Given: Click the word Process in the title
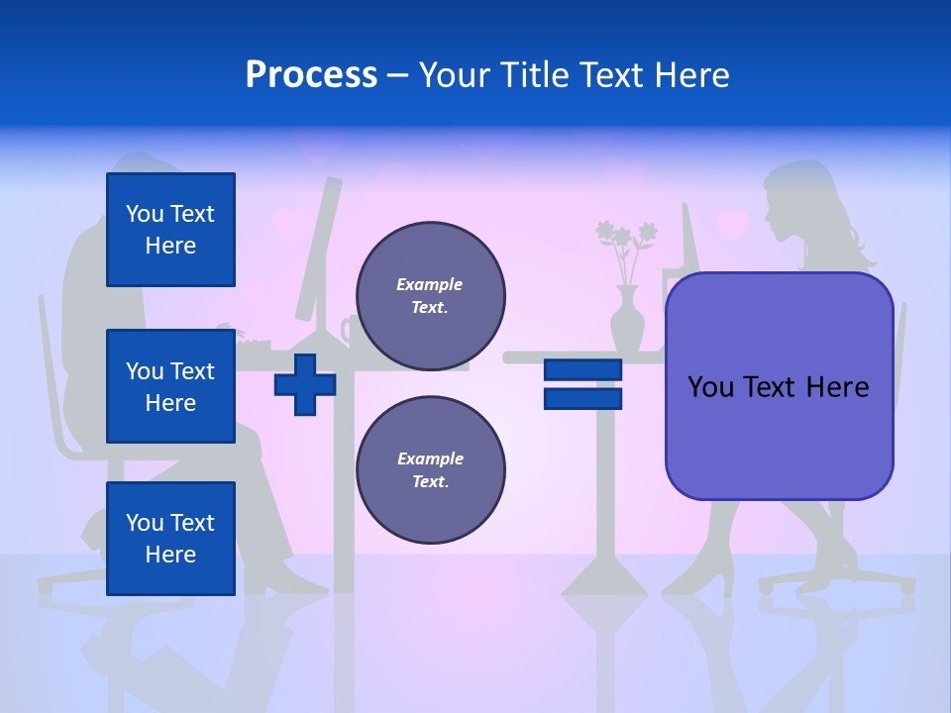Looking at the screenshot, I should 311,75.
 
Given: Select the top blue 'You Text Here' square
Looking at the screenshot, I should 170,230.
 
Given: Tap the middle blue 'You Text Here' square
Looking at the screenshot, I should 170,386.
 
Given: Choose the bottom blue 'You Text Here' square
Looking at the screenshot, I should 170,539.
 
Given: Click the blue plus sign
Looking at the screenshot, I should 305,384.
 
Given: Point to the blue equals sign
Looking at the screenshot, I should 582,384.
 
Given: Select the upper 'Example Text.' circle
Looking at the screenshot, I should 431,296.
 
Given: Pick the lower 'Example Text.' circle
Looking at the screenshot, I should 431,469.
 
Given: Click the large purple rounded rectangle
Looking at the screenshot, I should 779,386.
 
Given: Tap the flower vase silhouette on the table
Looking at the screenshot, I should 626,321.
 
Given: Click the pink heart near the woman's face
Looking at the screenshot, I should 733,224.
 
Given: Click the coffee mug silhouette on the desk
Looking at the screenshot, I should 349,330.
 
